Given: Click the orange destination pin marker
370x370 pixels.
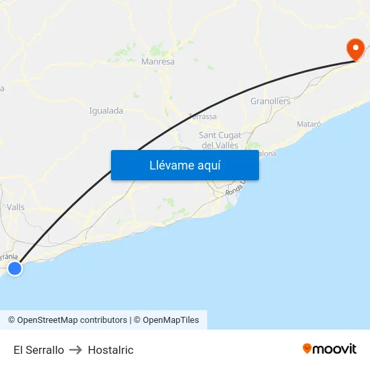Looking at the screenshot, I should (x=355, y=49).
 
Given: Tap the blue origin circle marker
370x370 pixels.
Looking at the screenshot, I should (x=14, y=268).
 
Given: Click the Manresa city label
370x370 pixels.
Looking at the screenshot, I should (x=158, y=62).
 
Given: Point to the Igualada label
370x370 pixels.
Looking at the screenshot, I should (x=106, y=110).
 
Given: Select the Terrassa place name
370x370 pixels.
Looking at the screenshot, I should (x=202, y=116).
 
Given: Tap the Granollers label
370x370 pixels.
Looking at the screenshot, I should (x=270, y=102).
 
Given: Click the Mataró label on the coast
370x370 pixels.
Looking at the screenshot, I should (x=309, y=124).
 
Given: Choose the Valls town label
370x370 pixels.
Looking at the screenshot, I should (x=15, y=207).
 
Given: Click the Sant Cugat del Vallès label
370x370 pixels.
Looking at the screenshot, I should (x=220, y=140).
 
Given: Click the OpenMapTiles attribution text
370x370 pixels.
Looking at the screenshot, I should (x=171, y=320).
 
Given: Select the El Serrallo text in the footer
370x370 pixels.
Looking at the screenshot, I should (x=38, y=350).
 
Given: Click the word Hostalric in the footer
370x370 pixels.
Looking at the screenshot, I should (x=110, y=350).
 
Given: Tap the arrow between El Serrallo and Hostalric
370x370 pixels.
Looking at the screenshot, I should (x=75, y=350).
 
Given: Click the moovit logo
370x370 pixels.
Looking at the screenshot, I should (x=330, y=348).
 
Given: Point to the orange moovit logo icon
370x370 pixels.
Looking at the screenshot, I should (x=307, y=348).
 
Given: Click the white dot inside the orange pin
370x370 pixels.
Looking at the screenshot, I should (x=355, y=47).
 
